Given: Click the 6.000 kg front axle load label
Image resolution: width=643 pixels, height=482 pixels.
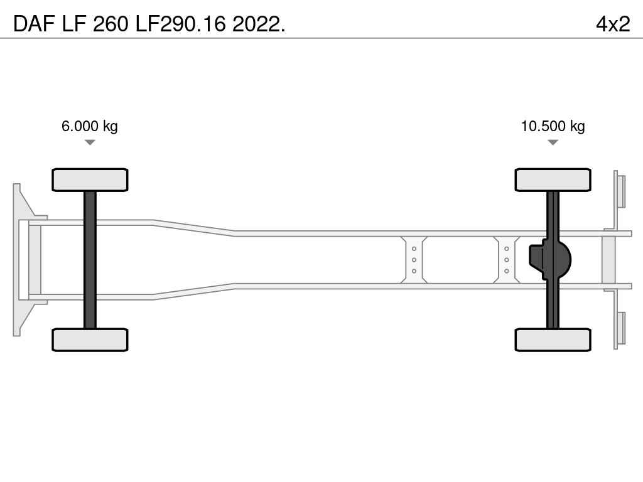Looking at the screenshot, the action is click(x=89, y=126).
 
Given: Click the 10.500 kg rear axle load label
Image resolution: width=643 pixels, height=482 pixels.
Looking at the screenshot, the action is click(x=553, y=126).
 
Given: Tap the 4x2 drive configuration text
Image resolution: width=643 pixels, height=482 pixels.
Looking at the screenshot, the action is click(x=613, y=24).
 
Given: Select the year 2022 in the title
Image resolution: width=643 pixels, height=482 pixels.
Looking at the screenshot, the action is click(x=258, y=24).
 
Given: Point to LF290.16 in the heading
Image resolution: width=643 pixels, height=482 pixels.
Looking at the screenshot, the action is click(x=180, y=24).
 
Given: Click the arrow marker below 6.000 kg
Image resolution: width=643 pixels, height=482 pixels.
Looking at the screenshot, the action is click(x=90, y=142).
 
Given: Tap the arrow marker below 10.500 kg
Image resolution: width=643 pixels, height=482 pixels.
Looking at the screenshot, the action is click(x=553, y=142).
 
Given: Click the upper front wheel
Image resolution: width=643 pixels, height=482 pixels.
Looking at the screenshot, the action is click(x=90, y=179).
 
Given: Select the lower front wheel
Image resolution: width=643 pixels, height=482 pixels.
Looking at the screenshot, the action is click(x=90, y=340).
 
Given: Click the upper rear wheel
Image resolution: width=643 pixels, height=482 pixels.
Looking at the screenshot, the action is click(x=553, y=179).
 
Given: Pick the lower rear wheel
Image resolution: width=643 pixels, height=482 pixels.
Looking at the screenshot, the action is click(x=553, y=340).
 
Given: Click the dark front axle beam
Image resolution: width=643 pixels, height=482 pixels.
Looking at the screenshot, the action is click(x=90, y=260).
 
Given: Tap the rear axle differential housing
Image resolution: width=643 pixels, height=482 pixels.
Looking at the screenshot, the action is click(x=549, y=260).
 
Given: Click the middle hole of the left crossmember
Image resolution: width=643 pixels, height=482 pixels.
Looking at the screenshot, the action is click(x=414, y=260).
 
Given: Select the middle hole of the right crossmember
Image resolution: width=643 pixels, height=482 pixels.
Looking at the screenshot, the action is click(x=507, y=260).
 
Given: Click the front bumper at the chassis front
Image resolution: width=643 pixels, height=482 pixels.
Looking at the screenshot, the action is click(x=17, y=260).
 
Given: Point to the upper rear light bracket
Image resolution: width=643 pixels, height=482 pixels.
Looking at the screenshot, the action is click(x=619, y=192).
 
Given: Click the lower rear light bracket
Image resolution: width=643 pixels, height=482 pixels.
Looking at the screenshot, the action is click(x=619, y=328).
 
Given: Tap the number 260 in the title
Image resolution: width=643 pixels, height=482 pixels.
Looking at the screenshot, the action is click(x=111, y=24).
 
